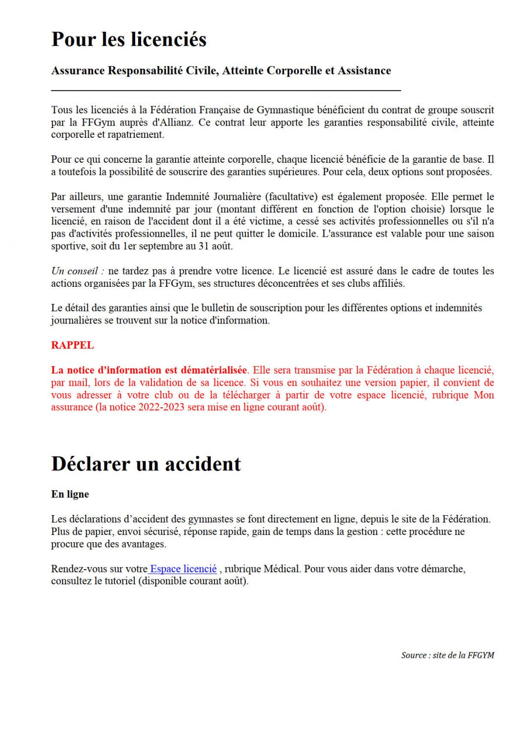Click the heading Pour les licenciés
(129, 39)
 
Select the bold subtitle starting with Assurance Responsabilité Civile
(221, 71)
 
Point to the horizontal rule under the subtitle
(226, 91)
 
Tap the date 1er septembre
(145, 246)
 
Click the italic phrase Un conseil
(77, 271)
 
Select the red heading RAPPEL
(72, 345)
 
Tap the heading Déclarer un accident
(146, 464)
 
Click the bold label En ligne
(70, 494)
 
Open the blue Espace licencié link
(183, 569)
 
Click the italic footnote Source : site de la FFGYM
(447, 655)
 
